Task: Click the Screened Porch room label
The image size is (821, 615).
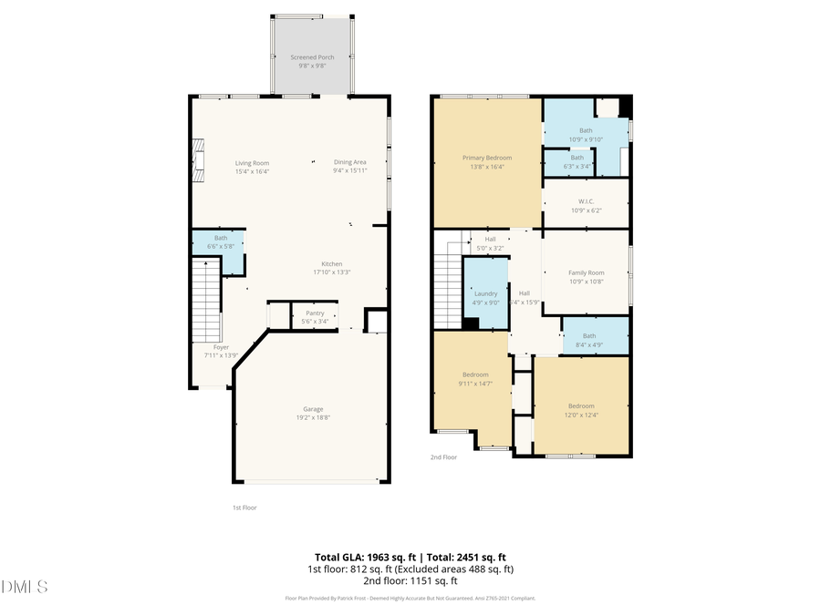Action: pos(312,57)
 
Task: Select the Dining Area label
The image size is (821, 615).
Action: pos(349,163)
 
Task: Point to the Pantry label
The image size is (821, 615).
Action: pos(314,313)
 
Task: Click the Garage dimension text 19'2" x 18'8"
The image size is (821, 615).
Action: pos(313,417)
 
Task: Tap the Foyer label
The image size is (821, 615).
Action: pos(221,347)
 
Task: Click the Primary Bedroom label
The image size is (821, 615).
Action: pos(486,159)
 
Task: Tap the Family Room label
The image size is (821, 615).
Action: pos(586,273)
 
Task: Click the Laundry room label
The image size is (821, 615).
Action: pos(485,293)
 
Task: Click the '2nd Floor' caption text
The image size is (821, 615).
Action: pos(443,457)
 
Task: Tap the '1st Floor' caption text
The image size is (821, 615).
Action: pos(244,507)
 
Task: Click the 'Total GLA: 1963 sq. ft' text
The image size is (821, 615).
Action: pos(364,556)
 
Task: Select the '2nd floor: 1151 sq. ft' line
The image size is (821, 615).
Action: pos(410,580)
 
